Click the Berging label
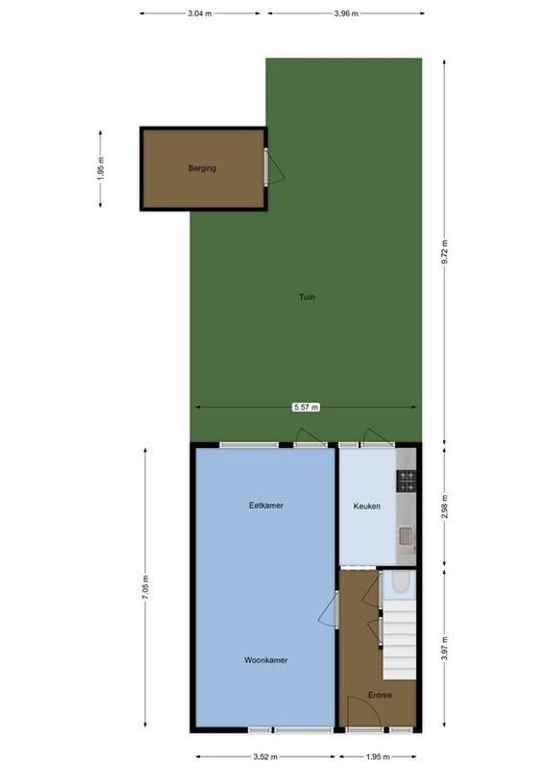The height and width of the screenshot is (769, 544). (x=202, y=168)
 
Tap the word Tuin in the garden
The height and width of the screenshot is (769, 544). (x=306, y=297)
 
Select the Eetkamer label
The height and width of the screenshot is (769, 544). (x=266, y=506)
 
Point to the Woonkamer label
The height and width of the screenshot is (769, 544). (x=266, y=660)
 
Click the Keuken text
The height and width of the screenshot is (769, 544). (x=367, y=506)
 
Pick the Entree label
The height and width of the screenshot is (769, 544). (x=379, y=695)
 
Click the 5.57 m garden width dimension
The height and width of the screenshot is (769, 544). (x=306, y=408)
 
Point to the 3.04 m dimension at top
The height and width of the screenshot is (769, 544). (x=200, y=13)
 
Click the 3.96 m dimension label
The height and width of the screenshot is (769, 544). (x=346, y=13)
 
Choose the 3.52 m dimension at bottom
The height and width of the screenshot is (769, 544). (x=265, y=757)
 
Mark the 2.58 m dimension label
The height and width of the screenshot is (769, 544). (x=444, y=505)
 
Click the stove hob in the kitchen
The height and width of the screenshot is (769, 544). (x=408, y=478)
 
